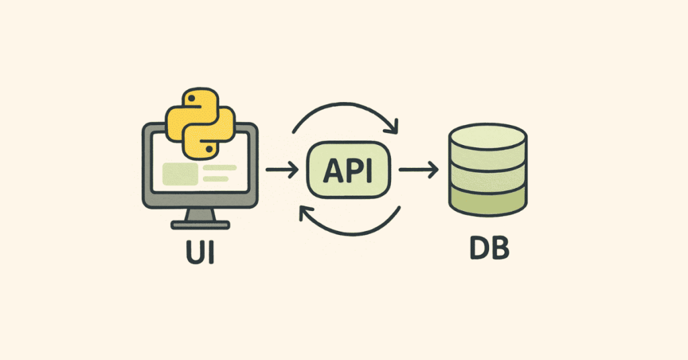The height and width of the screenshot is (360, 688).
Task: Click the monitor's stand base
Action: point(199,224)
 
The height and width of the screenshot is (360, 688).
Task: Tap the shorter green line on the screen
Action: point(215,179)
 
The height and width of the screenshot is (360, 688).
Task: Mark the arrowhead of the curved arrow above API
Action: point(393,125)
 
